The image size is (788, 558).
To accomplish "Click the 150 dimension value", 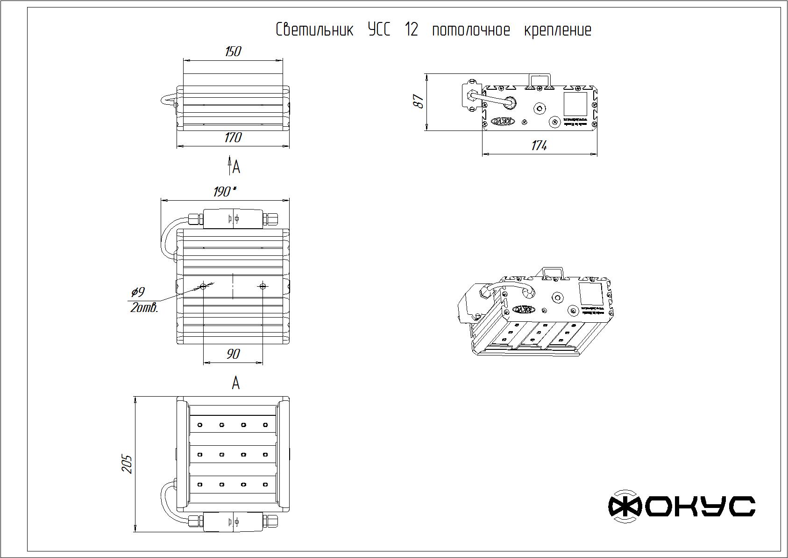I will tap(233, 51).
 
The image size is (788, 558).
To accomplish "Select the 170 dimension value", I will tap(233, 138).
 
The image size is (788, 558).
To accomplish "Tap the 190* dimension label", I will tap(224, 191).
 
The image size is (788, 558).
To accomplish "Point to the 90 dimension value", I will tap(233, 354).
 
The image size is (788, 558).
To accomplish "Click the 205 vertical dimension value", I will tap(128, 464).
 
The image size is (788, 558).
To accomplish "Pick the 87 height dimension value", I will tap(419, 101).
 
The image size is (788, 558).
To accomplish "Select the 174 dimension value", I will tap(539, 145).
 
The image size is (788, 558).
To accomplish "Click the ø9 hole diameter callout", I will tap(138, 292).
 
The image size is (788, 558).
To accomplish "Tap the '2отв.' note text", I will tap(144, 308).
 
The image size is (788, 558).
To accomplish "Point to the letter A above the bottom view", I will tap(236, 383).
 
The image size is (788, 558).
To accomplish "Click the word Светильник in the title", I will tap(314, 30).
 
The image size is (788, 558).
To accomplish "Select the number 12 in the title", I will tap(412, 30).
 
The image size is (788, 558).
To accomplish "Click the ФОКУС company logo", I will tap(681, 506).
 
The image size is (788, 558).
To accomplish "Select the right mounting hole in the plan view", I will tap(263, 286).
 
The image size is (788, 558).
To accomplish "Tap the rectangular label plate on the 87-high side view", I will tap(575, 104).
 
